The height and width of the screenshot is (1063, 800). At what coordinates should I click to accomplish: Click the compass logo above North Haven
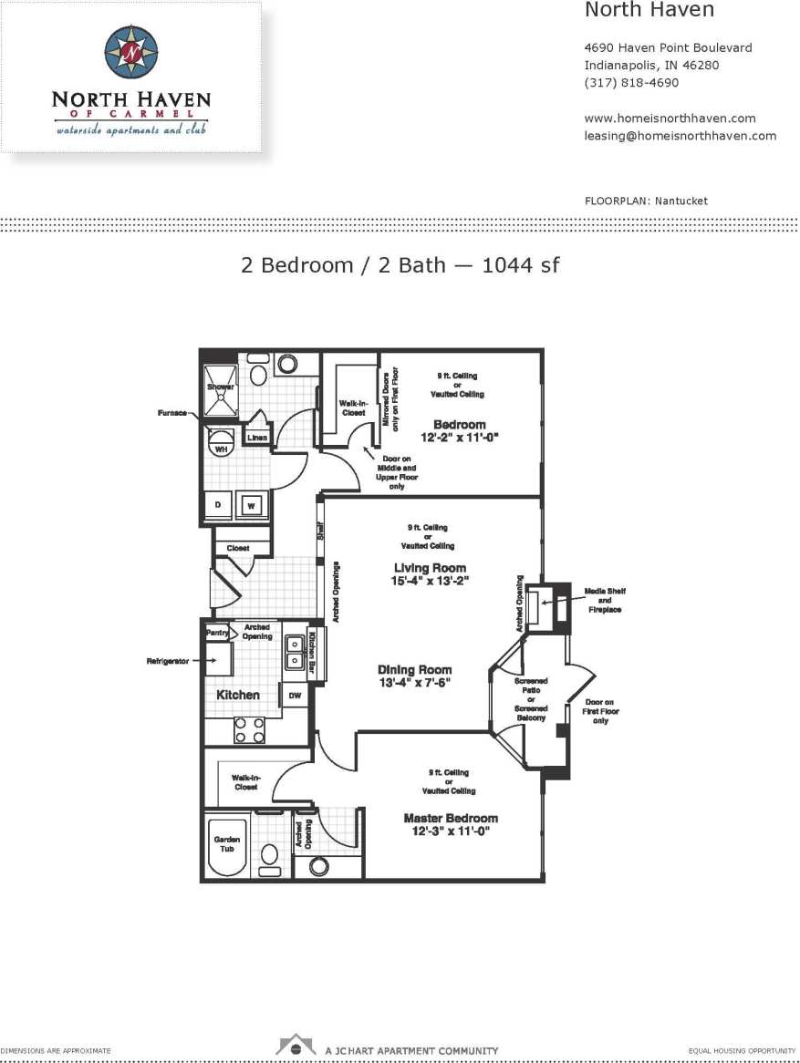pyautogui.click(x=130, y=52)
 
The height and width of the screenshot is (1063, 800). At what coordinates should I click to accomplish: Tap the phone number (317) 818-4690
pyautogui.click(x=631, y=83)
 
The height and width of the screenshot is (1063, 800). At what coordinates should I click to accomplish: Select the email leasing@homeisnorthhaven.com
pyautogui.click(x=680, y=136)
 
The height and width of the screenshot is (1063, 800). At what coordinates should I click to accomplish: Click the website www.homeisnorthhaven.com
pyautogui.click(x=670, y=119)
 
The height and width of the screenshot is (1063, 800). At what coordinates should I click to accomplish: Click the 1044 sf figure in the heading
pyautogui.click(x=520, y=265)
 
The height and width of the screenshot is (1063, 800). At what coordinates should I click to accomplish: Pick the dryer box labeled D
pyautogui.click(x=218, y=505)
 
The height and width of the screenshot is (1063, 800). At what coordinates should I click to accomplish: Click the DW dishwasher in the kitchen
pyautogui.click(x=295, y=696)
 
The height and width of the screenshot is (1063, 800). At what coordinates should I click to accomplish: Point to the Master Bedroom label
pyautogui.click(x=451, y=819)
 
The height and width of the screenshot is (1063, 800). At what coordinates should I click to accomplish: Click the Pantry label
pyautogui.click(x=216, y=633)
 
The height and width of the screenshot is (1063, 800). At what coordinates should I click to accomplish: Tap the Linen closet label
pyautogui.click(x=256, y=439)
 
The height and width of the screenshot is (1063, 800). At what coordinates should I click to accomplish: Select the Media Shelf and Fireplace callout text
pyautogui.click(x=604, y=600)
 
